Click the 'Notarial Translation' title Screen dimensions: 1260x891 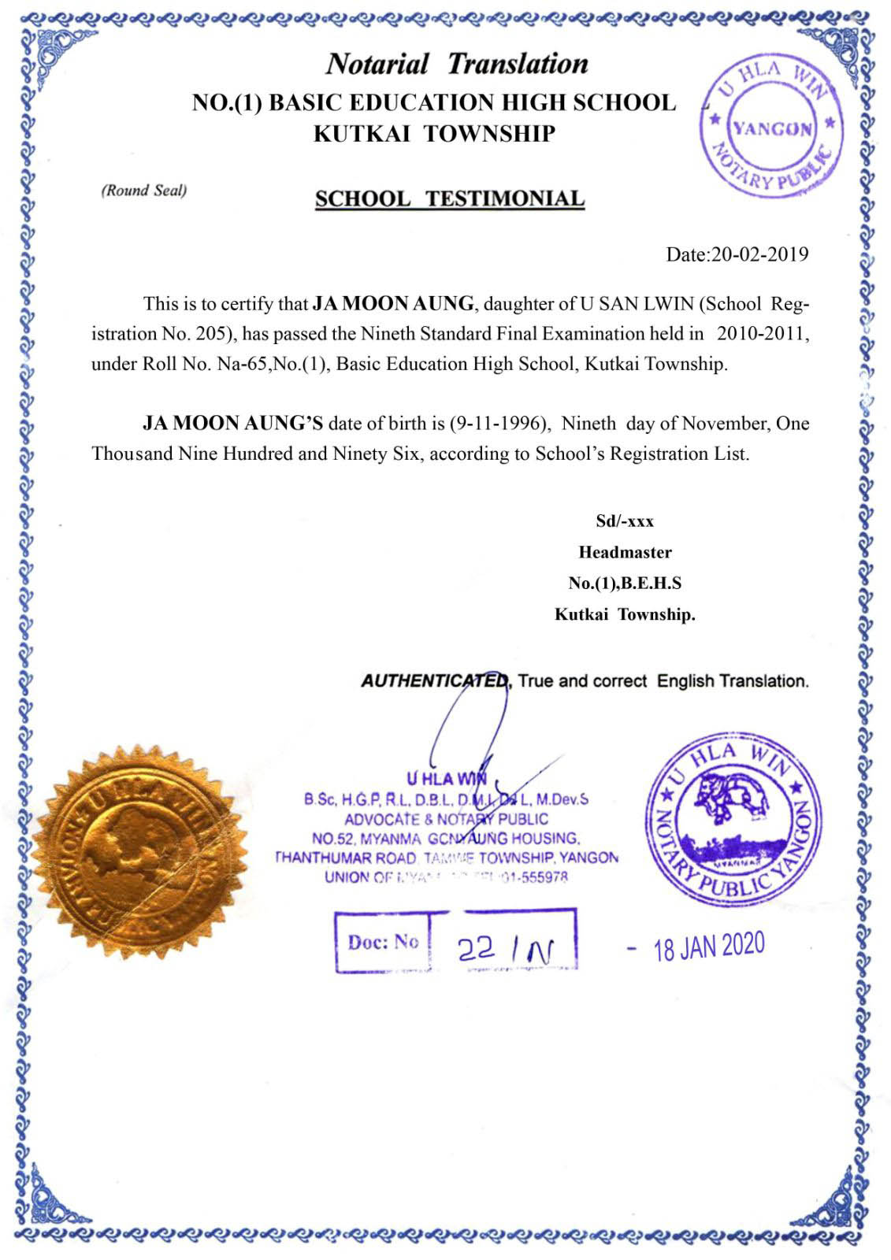(x=457, y=64)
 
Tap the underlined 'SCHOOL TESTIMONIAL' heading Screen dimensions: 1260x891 (x=450, y=198)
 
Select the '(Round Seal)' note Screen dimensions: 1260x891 (x=143, y=191)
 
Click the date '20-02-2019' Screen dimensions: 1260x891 (x=759, y=254)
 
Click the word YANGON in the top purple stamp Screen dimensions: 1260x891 (x=772, y=128)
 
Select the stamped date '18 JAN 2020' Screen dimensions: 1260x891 (x=709, y=947)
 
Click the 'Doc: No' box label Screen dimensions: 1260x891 (x=383, y=941)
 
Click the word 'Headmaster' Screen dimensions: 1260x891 (x=625, y=552)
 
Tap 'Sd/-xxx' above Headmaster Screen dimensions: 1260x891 (x=625, y=521)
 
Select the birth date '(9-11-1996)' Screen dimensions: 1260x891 (x=499, y=424)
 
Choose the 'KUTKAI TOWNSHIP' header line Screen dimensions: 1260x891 (x=434, y=134)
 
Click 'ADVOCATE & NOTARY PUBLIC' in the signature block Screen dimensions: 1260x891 (x=446, y=819)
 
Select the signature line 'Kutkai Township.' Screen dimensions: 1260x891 (x=625, y=614)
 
